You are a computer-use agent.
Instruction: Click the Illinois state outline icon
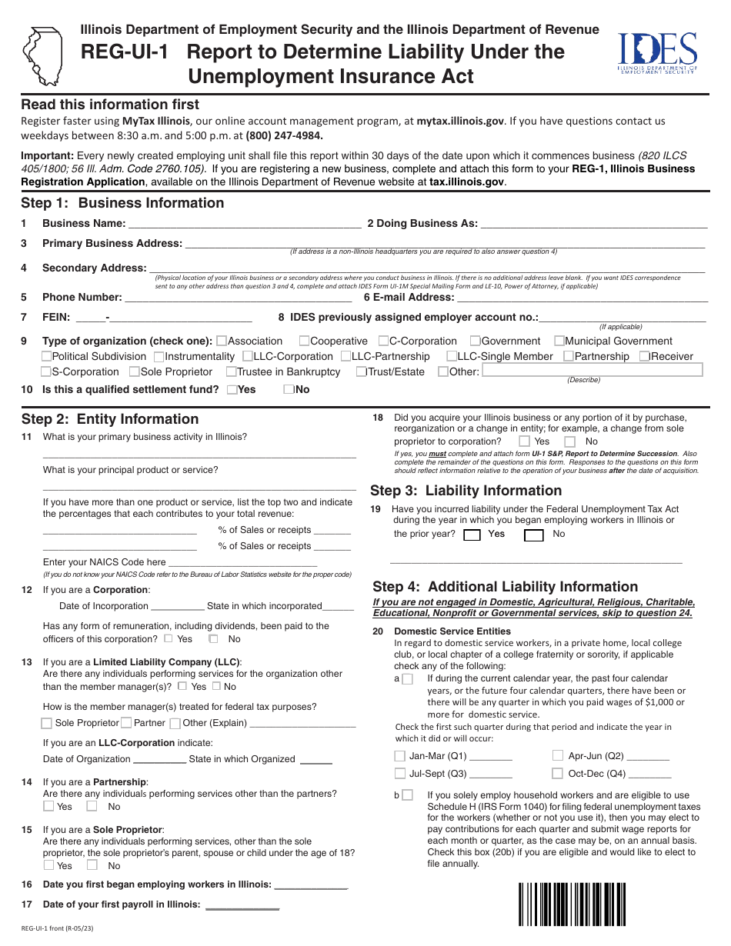(x=44, y=55)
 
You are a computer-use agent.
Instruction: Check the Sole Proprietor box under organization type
(x=135, y=372)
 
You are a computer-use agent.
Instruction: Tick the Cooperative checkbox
(x=304, y=341)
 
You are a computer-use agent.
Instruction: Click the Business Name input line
(x=245, y=224)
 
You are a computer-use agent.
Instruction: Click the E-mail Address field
(x=582, y=298)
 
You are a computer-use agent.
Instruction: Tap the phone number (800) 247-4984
(x=284, y=136)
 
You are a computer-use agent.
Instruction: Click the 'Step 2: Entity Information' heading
(x=110, y=419)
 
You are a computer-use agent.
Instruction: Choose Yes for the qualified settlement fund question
(x=232, y=390)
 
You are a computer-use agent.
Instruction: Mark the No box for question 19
(x=533, y=535)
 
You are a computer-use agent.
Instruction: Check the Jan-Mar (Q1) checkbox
(x=400, y=756)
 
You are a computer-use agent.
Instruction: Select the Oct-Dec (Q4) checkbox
(x=558, y=774)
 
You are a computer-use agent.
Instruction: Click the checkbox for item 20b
(x=407, y=795)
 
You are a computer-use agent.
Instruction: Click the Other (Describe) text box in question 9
(x=592, y=371)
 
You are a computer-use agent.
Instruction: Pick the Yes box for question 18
(x=524, y=441)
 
